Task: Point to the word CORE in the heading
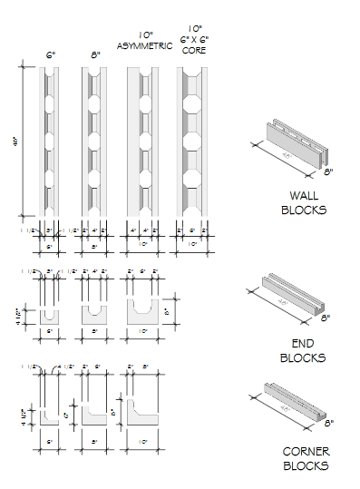(191, 51)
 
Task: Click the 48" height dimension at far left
(15, 141)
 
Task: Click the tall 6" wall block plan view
(51, 141)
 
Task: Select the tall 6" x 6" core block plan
(191, 141)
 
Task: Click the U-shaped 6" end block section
(51, 313)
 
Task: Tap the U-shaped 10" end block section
(142, 313)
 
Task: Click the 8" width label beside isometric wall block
(329, 170)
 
